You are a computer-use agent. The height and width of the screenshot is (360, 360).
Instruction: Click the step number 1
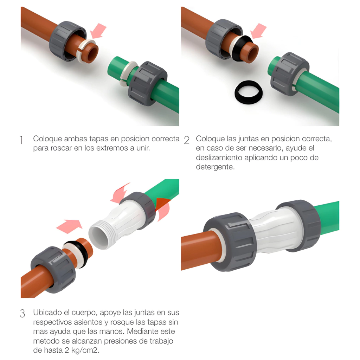tap(21, 140)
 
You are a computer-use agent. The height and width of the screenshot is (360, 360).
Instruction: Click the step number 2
tap(187, 140)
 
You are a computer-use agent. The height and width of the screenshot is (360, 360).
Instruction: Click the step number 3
tap(22, 314)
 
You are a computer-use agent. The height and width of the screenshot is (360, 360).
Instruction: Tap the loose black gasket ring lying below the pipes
tap(249, 92)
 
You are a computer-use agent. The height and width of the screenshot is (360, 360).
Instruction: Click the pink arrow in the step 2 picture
tap(258, 31)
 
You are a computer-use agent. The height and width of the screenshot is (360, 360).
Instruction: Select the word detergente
tap(216, 167)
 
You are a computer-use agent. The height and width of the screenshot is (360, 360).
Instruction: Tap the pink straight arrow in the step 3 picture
tap(69, 226)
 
